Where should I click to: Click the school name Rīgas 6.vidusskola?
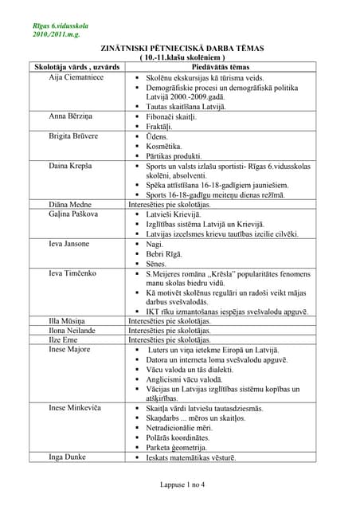click(60, 27)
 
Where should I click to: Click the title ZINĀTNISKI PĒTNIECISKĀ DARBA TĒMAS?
click(180, 49)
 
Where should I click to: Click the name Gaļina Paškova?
click(74, 214)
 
